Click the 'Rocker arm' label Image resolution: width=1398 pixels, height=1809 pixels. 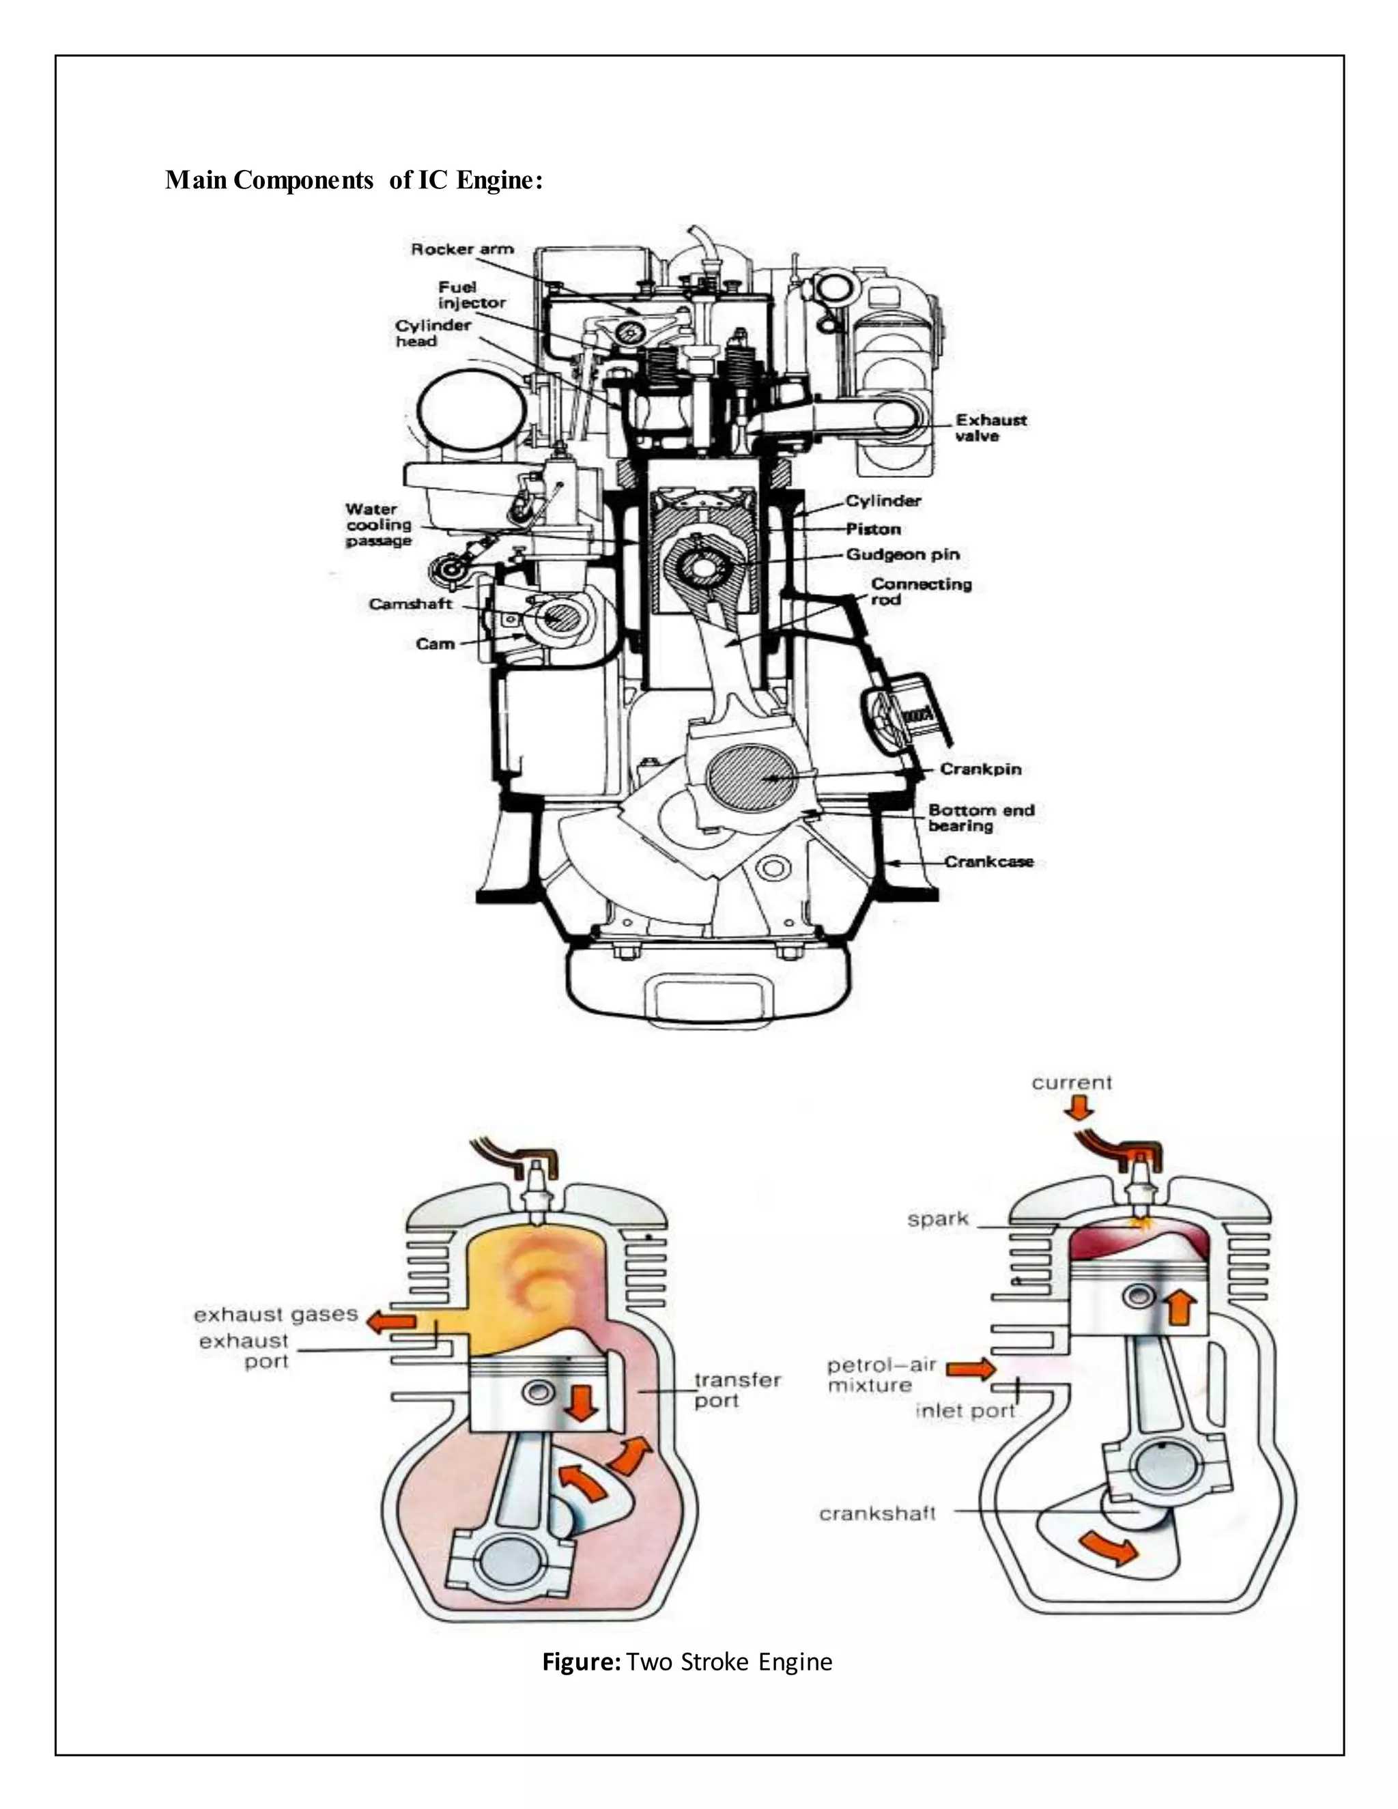pos(462,249)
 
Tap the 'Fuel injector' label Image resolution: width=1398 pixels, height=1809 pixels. pos(471,295)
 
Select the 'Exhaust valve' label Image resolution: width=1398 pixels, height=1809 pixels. pos(990,428)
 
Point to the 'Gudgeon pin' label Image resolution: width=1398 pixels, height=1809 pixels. pos(902,555)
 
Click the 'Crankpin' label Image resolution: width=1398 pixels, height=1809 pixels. pos(980,769)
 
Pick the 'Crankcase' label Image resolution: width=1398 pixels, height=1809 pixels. pos(989,861)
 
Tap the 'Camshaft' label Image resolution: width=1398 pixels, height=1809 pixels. pos(410,605)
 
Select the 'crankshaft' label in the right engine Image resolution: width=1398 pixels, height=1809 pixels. pos(877,1514)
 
